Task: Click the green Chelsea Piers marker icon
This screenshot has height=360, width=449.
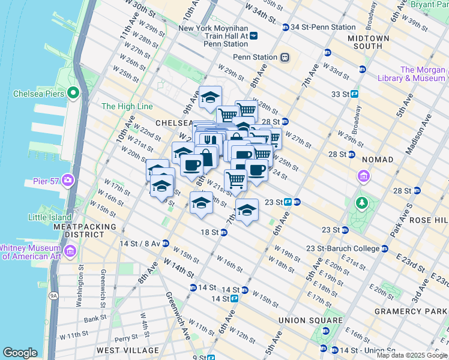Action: click(73, 92)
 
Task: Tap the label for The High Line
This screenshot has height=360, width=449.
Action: click(127, 106)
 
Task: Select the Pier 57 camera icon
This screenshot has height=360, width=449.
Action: click(68, 179)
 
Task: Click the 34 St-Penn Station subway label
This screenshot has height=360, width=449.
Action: click(323, 27)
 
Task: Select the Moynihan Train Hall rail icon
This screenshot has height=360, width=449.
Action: click(253, 36)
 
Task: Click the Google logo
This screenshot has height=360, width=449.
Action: click(20, 353)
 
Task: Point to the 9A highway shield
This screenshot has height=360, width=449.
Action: click(53, 295)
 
